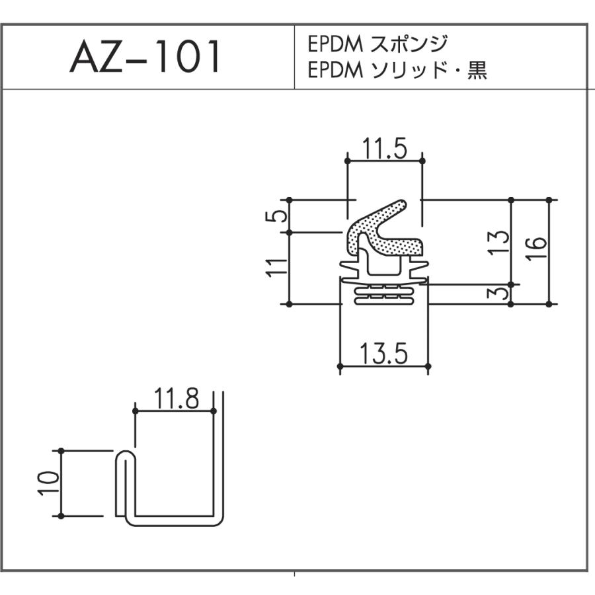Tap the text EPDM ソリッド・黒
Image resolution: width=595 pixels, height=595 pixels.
(x=397, y=71)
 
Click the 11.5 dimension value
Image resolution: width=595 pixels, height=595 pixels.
(x=384, y=150)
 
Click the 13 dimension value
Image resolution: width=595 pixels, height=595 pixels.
(x=500, y=243)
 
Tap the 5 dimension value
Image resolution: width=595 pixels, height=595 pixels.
(x=280, y=216)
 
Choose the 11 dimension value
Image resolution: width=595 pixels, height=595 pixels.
(x=280, y=268)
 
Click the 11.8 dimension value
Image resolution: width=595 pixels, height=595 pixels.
(x=175, y=399)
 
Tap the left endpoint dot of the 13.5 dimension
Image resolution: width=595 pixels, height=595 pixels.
(x=340, y=366)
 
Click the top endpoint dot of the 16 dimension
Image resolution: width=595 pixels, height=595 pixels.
(x=549, y=199)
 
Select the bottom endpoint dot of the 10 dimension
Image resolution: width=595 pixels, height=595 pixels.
(x=61, y=516)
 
